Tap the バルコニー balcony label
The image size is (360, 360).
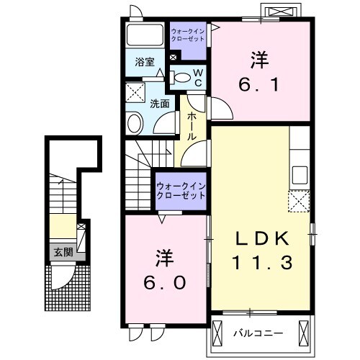[258, 333]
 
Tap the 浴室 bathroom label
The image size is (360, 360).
[145, 62]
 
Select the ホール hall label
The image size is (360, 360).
[192, 127]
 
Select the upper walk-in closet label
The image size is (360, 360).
[188, 35]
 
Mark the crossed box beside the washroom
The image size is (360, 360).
[134, 92]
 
